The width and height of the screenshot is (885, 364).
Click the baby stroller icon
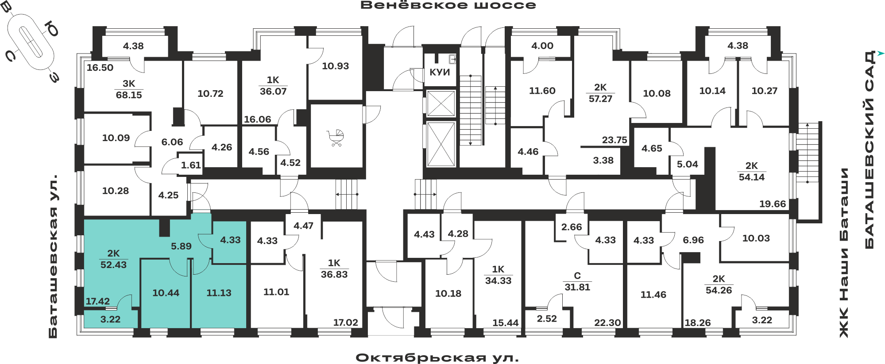(x=335, y=138)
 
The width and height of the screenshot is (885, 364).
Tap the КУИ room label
(x=440, y=72)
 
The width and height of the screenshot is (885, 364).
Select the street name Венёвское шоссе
(x=448, y=5)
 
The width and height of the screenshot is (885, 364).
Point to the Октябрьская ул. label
(x=437, y=357)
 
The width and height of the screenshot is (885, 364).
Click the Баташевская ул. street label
(x=53, y=257)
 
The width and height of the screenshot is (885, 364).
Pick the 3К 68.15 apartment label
(x=129, y=89)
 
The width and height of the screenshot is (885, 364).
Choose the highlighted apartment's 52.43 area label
(x=113, y=264)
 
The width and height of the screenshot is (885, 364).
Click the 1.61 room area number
(x=191, y=165)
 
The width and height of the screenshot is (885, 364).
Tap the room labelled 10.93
(x=335, y=66)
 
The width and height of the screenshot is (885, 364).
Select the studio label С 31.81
(x=577, y=281)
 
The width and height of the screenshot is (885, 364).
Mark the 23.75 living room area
(x=614, y=140)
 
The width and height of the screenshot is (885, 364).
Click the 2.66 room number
(x=572, y=227)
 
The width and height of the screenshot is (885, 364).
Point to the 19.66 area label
(x=773, y=204)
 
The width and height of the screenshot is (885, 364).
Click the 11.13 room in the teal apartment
(x=219, y=293)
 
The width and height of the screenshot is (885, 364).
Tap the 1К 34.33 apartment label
(x=498, y=275)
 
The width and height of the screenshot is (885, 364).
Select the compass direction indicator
(x=31, y=42)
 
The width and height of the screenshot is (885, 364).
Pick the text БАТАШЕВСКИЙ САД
(x=870, y=150)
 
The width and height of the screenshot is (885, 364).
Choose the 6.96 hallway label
(x=693, y=240)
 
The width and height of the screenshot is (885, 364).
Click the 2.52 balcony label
(x=547, y=318)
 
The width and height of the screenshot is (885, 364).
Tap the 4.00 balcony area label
(x=542, y=46)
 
